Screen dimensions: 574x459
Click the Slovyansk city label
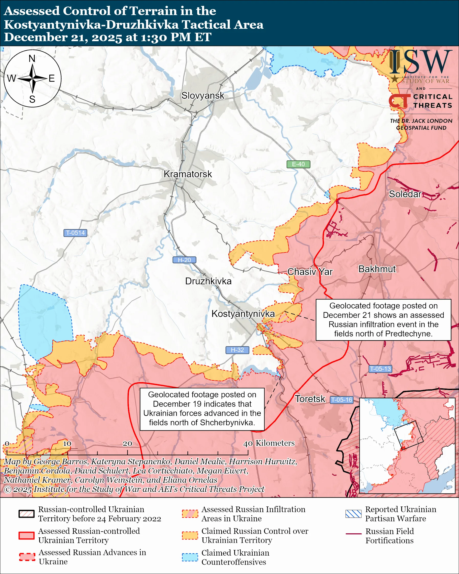coord(203,96)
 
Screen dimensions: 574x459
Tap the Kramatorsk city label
coord(188,174)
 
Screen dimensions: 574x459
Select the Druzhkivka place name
coord(208,281)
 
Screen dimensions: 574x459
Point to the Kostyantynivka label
coord(243,314)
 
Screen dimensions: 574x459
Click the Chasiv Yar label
coord(310,272)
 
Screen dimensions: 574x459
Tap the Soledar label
coord(405,194)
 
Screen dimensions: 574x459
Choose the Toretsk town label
coord(310,399)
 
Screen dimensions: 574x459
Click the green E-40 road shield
coord(298,164)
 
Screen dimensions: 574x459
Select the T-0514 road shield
coord(75,233)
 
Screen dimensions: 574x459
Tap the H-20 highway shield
coord(184,260)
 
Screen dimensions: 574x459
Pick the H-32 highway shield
coord(237,350)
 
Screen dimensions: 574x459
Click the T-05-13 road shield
coord(380,369)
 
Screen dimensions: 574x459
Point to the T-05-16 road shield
coord(341,400)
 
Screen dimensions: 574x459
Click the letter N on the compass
coord(32,59)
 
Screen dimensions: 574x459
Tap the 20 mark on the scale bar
coord(127,444)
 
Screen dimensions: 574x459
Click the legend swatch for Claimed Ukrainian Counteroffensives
coord(190,557)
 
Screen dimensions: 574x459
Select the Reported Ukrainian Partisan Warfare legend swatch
coord(353,514)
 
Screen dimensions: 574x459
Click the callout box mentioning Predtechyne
coord(383,320)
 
